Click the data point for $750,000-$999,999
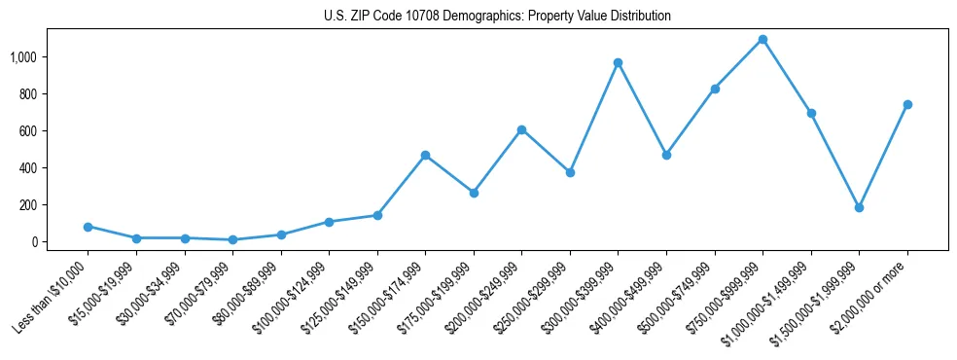(762, 40)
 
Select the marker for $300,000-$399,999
(618, 63)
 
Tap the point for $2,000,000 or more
(906, 105)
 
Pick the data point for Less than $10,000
(88, 227)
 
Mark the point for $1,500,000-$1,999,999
(859, 207)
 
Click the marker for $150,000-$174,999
(425, 156)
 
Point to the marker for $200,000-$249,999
(521, 129)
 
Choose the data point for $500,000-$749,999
(715, 89)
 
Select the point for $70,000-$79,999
(232, 239)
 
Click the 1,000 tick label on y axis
(23, 57)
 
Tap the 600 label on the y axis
(27, 131)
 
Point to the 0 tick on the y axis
(34, 242)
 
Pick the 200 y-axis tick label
(27, 205)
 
